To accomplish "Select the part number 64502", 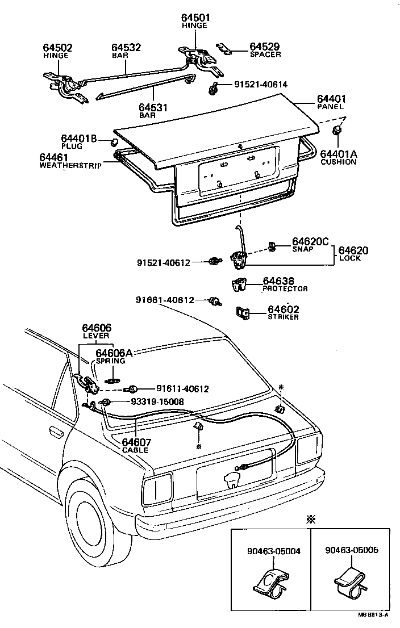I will pyautogui.click(x=57, y=48).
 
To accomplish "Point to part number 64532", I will pyautogui.click(x=126, y=48).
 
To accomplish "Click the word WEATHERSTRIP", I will pyautogui.click(x=70, y=166).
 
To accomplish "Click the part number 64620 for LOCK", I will pyautogui.click(x=353, y=250).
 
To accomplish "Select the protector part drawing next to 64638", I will pyautogui.click(x=241, y=284).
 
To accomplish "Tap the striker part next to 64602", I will pyautogui.click(x=243, y=312).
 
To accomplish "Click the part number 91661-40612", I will pyautogui.click(x=165, y=300).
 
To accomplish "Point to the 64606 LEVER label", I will pyautogui.click(x=96, y=331).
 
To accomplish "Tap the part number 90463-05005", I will pyautogui.click(x=352, y=550).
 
